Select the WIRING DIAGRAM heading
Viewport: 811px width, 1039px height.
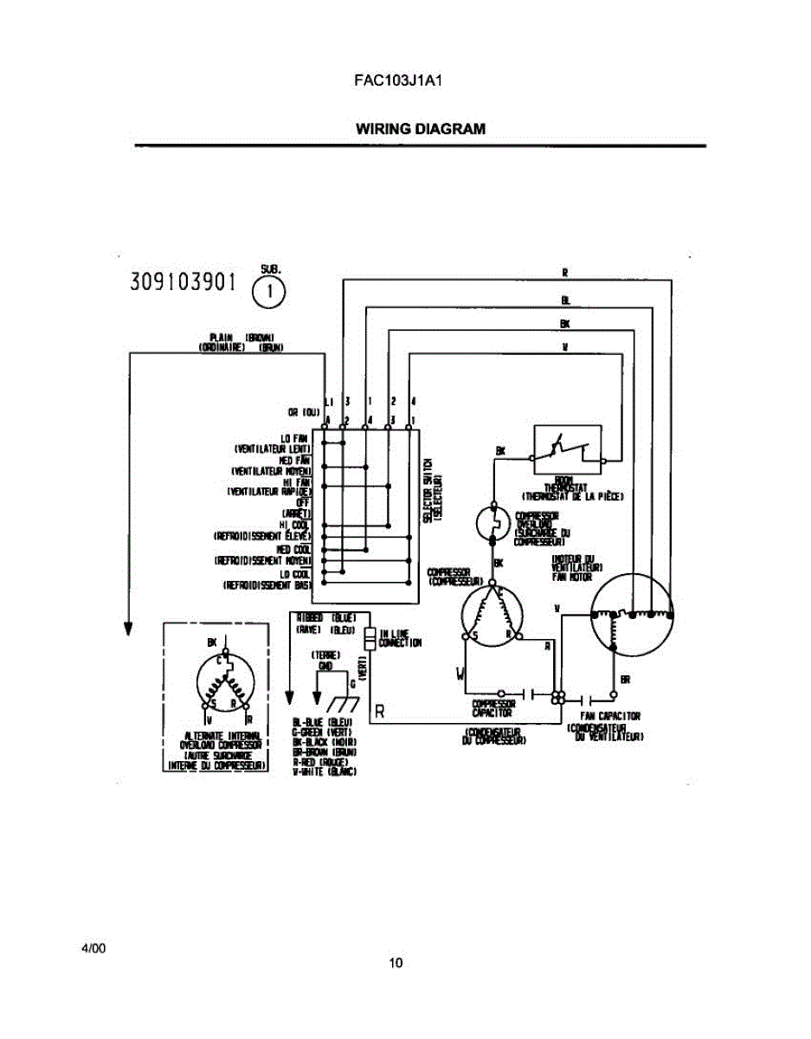click(x=421, y=129)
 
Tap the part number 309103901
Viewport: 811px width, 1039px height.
click(x=183, y=282)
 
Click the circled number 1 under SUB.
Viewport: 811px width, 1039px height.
click(x=270, y=292)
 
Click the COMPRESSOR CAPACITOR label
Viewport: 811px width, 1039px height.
click(x=492, y=708)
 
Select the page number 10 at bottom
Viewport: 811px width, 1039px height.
click(x=396, y=963)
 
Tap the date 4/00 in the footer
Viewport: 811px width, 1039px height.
click(x=93, y=949)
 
